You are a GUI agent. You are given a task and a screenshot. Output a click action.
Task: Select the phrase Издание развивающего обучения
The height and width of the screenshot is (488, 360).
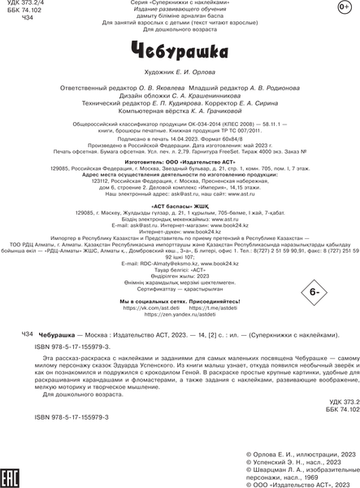coord(180,11)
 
